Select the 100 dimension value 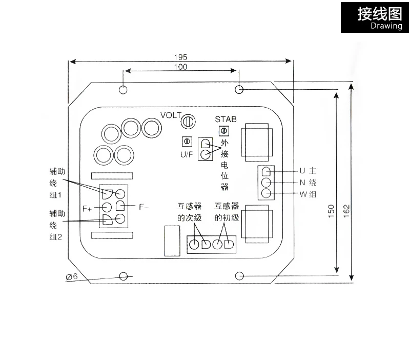(180, 67)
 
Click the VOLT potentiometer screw (188, 121)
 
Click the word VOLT (171, 115)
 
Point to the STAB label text (226, 119)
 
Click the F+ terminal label (88, 209)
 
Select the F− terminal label (144, 207)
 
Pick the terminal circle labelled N (266, 182)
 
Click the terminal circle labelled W (266, 193)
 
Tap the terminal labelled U (266, 171)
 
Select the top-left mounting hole (123, 90)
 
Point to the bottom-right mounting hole (239, 276)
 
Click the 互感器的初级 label (227, 212)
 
